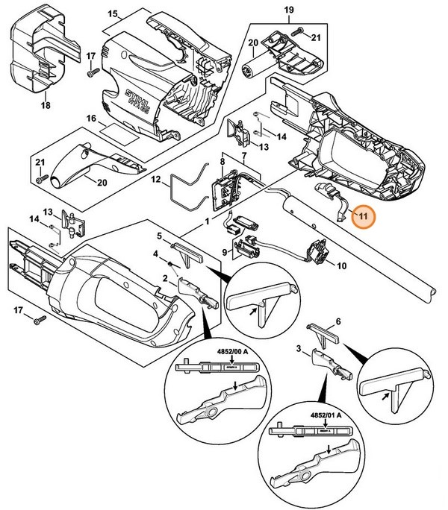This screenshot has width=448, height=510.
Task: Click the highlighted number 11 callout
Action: pyautogui.click(x=363, y=218)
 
